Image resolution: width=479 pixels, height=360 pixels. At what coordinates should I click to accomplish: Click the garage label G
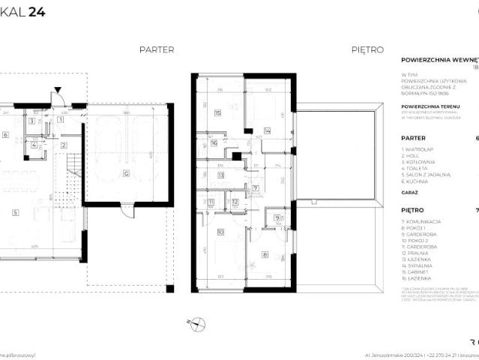[126, 173]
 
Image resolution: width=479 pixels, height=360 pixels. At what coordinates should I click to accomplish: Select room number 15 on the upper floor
[217, 114]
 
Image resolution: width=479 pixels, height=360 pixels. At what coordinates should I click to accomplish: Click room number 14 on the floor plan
[267, 130]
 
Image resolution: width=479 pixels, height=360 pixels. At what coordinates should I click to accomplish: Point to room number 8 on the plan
[265, 254]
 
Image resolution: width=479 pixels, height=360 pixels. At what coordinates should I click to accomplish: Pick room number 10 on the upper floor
[220, 232]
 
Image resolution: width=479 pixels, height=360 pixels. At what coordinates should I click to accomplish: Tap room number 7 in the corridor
[256, 188]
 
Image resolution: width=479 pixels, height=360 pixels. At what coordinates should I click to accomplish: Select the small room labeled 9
[277, 218]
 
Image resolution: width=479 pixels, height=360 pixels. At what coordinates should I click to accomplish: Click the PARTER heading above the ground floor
[157, 49]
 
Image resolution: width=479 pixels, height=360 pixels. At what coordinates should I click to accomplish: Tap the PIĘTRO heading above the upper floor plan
[367, 49]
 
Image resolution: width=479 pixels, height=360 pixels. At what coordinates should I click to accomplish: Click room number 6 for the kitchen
[5, 135]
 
